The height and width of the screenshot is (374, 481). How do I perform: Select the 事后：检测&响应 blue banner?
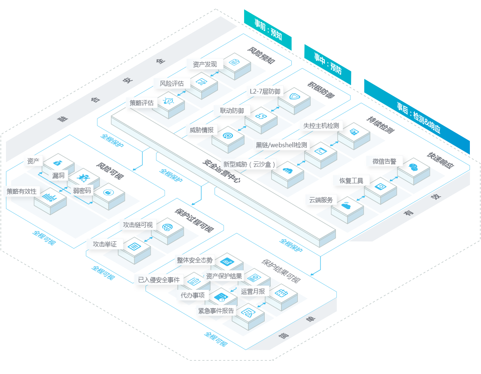417,116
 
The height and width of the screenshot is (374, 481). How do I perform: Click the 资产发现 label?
205,64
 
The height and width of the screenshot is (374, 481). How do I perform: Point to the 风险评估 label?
172,83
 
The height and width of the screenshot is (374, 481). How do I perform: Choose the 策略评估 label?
142,103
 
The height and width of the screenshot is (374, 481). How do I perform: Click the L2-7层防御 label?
265,91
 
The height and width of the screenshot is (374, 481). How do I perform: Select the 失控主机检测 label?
321,126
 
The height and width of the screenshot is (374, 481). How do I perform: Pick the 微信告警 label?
384,161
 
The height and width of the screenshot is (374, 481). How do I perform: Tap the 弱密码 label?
82,190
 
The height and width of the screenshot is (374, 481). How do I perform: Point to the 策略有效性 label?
21,191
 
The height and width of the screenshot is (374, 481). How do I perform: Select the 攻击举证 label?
105,244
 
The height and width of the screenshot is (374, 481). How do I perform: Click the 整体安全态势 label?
194,260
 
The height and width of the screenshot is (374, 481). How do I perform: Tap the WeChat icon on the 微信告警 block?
413,167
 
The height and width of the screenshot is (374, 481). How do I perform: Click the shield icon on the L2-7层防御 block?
295,96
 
